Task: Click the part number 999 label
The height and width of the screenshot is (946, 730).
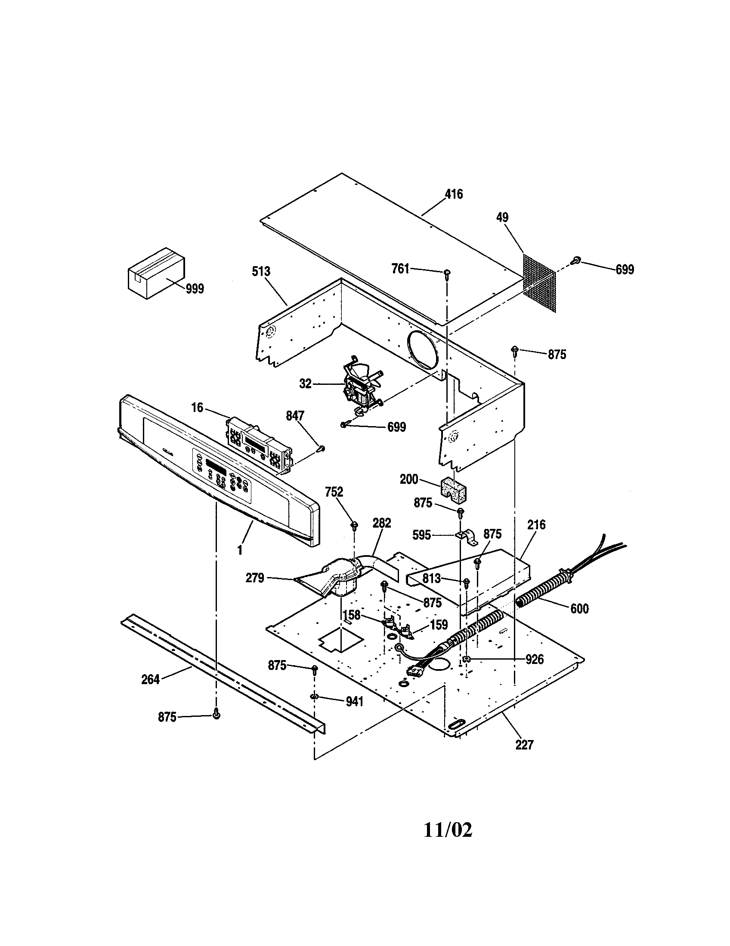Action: pyautogui.click(x=195, y=289)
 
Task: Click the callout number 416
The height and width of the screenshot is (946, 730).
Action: pyautogui.click(x=454, y=194)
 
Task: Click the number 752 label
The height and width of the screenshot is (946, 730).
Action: pyautogui.click(x=334, y=492)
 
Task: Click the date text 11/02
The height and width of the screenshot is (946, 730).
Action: pyautogui.click(x=448, y=830)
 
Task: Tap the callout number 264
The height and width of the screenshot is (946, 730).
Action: pyautogui.click(x=150, y=679)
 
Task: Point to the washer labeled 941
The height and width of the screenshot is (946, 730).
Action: pyautogui.click(x=313, y=696)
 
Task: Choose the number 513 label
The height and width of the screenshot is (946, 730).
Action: pyautogui.click(x=261, y=272)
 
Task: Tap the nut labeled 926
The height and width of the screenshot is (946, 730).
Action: pyautogui.click(x=466, y=660)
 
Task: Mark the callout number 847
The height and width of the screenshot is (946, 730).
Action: pyautogui.click(x=295, y=416)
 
